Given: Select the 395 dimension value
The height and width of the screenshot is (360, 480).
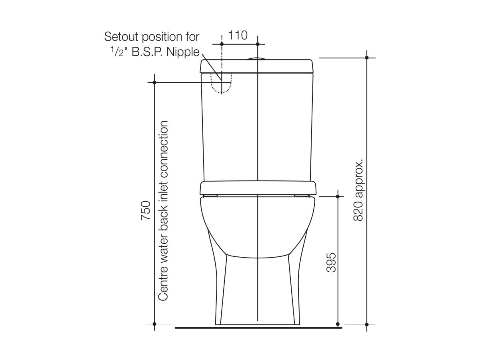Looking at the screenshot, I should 331,262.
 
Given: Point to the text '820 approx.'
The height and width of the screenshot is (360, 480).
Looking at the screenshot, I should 358,191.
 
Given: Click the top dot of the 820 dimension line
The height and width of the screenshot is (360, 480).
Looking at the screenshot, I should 367,58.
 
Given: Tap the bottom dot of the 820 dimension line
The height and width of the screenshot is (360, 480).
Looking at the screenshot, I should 367,324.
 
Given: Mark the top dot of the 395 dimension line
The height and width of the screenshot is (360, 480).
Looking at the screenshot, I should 338,197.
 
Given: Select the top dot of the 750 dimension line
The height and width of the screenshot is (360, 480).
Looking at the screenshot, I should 155,82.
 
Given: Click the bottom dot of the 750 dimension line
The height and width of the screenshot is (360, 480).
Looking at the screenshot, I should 155,324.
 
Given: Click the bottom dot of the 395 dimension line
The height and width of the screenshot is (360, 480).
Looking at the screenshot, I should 338,324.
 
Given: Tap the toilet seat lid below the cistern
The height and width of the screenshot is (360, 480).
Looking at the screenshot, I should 258,188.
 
